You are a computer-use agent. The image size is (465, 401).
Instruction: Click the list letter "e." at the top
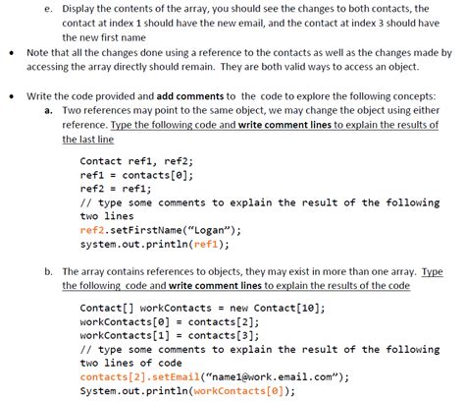click(48, 9)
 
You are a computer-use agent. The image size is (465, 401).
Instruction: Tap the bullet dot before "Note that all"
click(12, 53)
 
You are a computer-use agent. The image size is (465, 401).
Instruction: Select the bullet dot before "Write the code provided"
click(12, 96)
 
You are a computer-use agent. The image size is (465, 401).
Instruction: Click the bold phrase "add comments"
click(190, 96)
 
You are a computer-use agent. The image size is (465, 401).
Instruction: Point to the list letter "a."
click(48, 110)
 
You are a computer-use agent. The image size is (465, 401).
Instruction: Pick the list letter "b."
click(48, 271)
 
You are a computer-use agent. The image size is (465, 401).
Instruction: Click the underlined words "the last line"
click(88, 140)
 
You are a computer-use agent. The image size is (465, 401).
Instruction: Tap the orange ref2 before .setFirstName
click(92, 230)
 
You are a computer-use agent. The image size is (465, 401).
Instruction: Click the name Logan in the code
click(209, 230)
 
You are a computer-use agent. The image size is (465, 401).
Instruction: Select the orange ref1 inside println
click(206, 244)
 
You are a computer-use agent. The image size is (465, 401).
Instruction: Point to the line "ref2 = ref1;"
click(116, 189)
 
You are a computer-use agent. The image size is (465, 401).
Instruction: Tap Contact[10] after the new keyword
click(287, 308)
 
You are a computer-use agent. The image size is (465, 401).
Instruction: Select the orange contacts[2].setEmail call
click(139, 376)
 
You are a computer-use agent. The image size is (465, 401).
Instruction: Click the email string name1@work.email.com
click(273, 376)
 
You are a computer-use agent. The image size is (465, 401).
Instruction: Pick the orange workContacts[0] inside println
click(238, 391)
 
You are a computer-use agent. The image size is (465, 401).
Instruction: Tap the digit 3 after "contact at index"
click(381, 24)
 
